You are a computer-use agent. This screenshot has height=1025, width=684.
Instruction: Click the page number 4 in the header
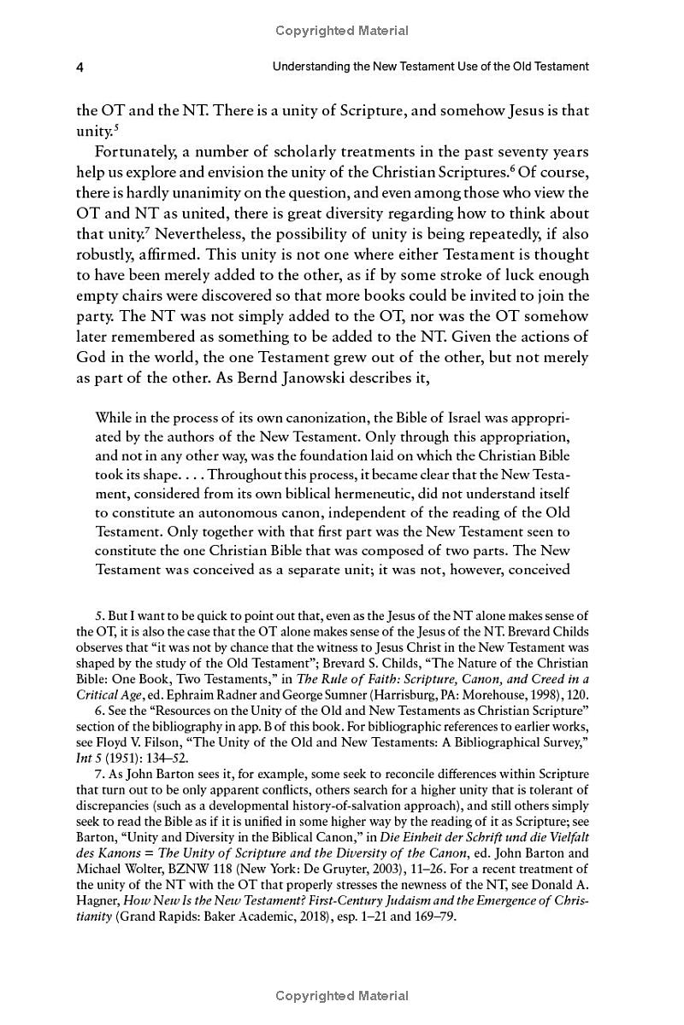click(x=80, y=66)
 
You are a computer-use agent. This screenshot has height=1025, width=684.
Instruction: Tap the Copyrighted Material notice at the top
click(x=342, y=31)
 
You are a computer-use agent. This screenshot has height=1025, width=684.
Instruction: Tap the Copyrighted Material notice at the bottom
click(x=342, y=996)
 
